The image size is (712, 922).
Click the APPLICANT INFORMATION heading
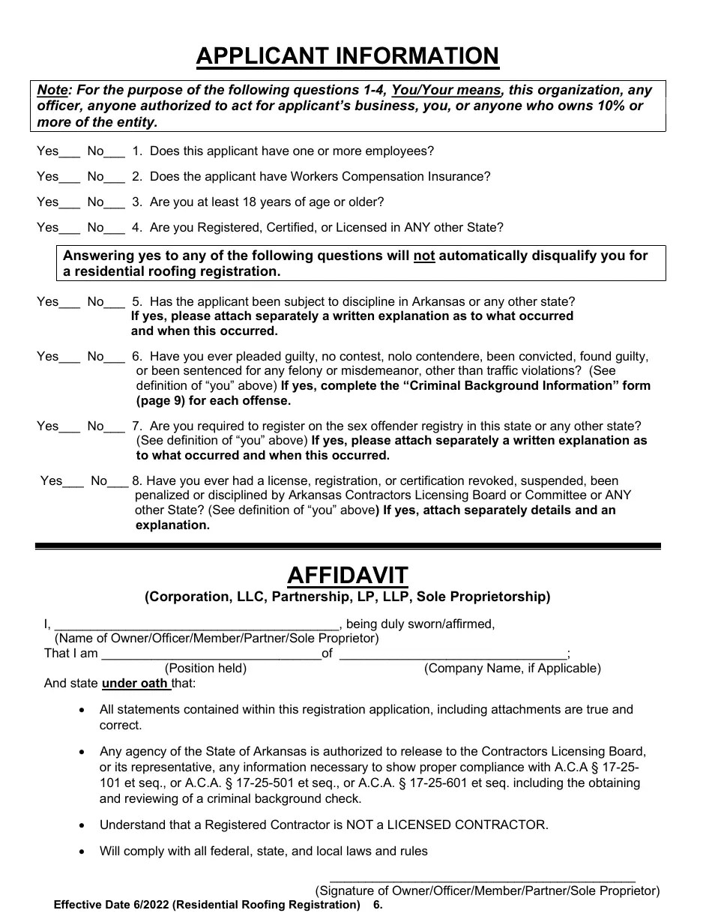[x=347, y=56]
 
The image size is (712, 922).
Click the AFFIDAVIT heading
[x=347, y=576]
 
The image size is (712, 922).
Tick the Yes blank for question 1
[x=70, y=153]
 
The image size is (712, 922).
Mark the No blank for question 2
[x=115, y=178]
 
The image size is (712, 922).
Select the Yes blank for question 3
[x=70, y=204]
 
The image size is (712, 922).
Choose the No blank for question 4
[x=115, y=229]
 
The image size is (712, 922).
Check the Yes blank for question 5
[x=70, y=304]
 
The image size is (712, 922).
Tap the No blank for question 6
[x=115, y=358]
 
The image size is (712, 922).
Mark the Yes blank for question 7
[x=70, y=428]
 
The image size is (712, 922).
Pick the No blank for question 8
[x=118, y=483]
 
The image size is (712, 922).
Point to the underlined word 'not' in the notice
[x=424, y=256]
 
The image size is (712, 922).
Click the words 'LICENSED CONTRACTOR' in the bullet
[x=471, y=825]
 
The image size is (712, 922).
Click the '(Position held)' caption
[x=205, y=669]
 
